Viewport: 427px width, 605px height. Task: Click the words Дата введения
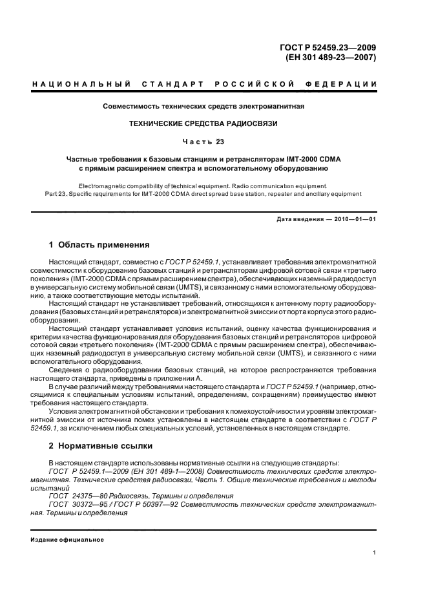click(299, 220)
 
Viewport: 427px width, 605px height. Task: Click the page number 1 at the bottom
click(375, 553)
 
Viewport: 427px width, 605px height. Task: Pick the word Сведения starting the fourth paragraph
click(64, 369)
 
